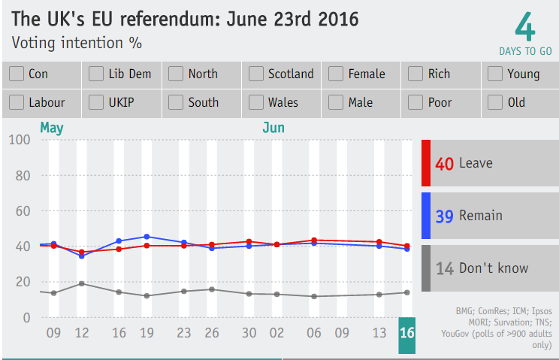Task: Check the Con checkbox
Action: click(x=17, y=74)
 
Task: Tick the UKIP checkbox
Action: click(x=96, y=103)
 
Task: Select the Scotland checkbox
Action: click(x=256, y=74)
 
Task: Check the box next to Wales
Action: click(x=256, y=103)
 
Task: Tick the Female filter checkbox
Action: click(x=336, y=74)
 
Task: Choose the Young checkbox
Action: click(x=495, y=74)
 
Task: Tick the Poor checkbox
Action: click(x=415, y=103)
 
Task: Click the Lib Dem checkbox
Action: click(x=96, y=74)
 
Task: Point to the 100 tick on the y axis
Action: click(x=20, y=140)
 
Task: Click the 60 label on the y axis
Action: click(x=23, y=211)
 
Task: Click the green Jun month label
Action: click(x=273, y=128)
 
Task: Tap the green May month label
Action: click(x=51, y=128)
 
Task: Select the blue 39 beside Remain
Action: click(x=444, y=216)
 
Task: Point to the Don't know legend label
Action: click(x=494, y=268)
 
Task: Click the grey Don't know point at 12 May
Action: click(x=82, y=283)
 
